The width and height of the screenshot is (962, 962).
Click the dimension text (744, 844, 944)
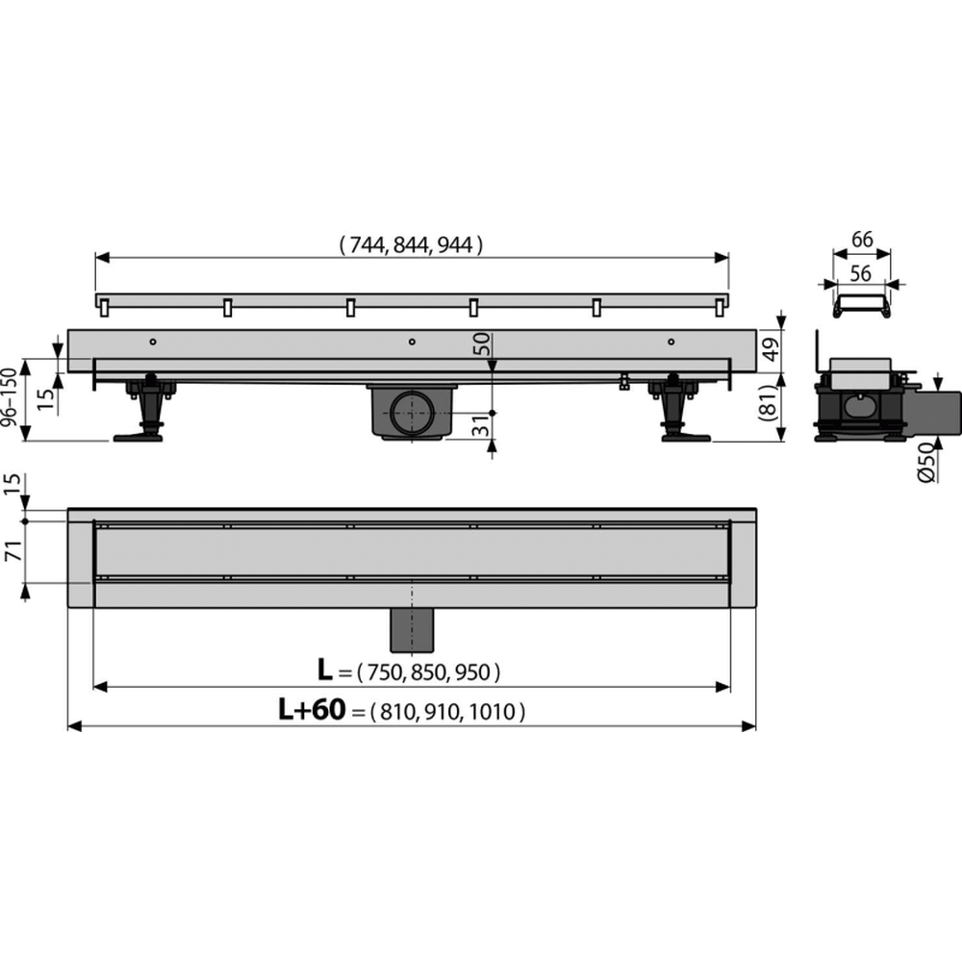coord(411,245)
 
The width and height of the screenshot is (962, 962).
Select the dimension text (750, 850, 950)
coord(428,672)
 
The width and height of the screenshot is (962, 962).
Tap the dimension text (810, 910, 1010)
coord(448,712)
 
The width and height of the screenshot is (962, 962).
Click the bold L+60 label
coord(313,710)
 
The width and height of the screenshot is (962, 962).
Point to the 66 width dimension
coord(862,240)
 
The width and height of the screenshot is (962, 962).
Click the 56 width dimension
coord(861,273)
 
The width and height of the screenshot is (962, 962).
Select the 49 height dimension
coord(772,348)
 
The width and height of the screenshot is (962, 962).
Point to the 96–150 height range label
coord(10,397)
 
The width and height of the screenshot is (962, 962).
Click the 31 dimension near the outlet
coord(483,424)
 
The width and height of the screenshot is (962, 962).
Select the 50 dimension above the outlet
coord(483,343)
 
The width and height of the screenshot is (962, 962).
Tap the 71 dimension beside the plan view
coord(13,551)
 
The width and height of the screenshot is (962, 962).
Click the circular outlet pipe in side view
coord(412,413)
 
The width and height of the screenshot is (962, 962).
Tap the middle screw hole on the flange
coord(412,342)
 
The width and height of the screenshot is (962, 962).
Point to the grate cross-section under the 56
coord(861,305)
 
